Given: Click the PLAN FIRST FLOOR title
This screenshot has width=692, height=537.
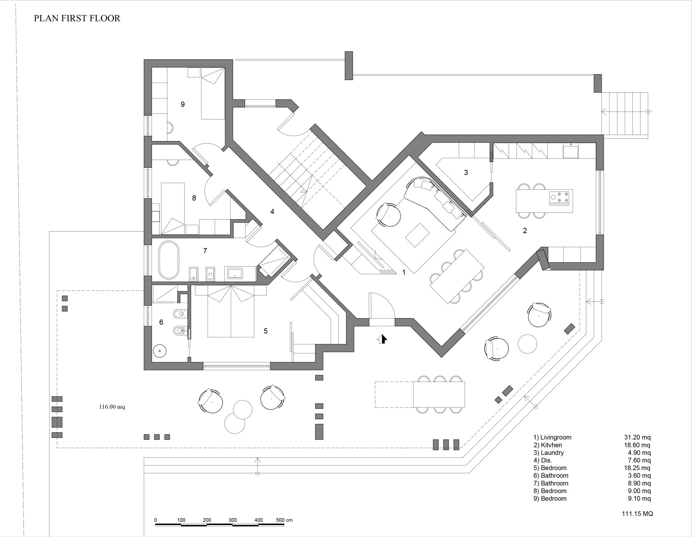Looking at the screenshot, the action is click(77, 18).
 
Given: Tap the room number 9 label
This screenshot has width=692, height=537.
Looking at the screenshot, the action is click(183, 104).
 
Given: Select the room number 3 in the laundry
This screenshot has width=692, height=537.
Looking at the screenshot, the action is click(466, 172).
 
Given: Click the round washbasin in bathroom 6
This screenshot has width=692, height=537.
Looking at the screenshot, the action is click(159, 350).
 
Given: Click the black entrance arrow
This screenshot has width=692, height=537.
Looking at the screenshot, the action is click(383, 339).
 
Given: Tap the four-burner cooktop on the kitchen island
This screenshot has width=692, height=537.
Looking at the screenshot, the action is click(560, 197).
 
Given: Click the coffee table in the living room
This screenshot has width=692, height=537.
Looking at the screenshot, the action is click(418, 235).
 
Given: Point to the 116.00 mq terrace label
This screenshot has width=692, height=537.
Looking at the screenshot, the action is click(112, 407).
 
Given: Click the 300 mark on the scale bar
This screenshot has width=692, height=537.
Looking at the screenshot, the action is click(233, 520).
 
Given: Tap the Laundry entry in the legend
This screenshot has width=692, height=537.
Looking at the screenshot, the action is click(549, 453).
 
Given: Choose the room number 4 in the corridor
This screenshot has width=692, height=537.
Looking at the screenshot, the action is click(272, 212).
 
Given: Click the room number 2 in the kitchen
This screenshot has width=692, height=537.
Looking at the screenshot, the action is click(525, 231).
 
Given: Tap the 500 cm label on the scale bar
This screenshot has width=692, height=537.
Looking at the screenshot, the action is click(284, 520).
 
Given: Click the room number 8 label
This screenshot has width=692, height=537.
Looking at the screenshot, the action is click(194, 198).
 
